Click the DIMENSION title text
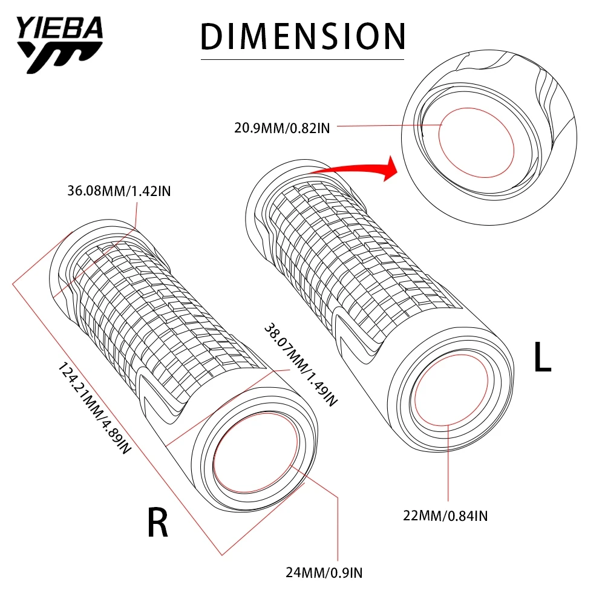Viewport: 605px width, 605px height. (x=302, y=36)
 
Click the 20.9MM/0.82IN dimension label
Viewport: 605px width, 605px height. (x=282, y=127)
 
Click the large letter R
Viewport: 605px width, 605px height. (x=157, y=523)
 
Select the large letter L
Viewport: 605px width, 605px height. (x=542, y=358)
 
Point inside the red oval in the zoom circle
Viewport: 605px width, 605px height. (x=476, y=143)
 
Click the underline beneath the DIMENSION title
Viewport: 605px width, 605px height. (x=302, y=59)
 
